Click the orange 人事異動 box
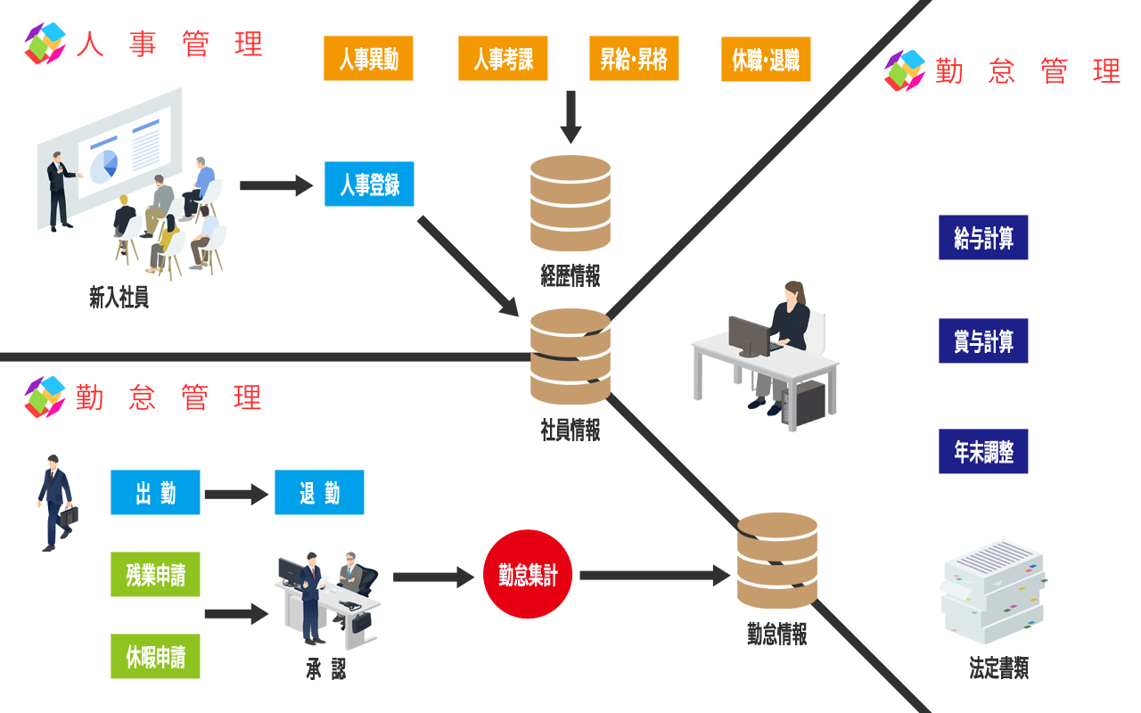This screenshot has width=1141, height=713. tap(368, 59)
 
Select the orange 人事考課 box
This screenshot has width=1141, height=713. tap(503, 59)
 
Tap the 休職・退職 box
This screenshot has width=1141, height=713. tap(766, 59)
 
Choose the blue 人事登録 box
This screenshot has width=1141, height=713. tap(369, 184)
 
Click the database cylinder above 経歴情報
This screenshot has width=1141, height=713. tap(570, 203)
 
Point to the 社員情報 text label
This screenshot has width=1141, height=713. tap(570, 430)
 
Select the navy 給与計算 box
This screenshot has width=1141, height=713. tap(983, 238)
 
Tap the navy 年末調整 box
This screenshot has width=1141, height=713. tap(983, 451)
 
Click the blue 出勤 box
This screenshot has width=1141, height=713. tap(155, 493)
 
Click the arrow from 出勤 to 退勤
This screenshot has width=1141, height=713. tap(236, 494)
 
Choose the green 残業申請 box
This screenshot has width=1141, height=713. tap(155, 575)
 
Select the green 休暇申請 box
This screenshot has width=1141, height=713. tap(155, 658)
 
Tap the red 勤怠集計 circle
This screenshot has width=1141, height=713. tap(528, 575)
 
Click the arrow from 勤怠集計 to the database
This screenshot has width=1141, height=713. tap(654, 576)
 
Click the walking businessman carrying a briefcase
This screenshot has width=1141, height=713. tap(55, 503)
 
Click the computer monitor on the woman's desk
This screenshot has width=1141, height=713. tap(748, 335)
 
